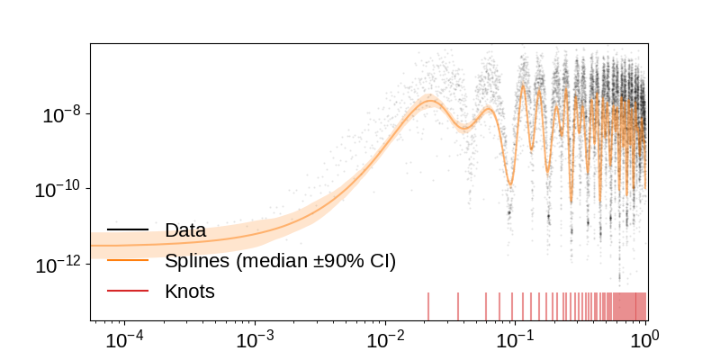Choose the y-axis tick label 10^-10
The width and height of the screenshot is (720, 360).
pos(57,190)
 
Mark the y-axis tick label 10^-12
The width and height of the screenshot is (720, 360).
pos(57,265)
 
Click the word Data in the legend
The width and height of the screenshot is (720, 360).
pos(185,230)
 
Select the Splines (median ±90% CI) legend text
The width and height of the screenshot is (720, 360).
pos(280,261)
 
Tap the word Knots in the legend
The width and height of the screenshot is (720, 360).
pos(190,292)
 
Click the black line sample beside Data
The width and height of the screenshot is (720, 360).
pos(128,230)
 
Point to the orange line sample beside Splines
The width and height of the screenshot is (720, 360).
pos(128,261)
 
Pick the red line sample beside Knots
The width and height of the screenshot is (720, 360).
pos(128,292)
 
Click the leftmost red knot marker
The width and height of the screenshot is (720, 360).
pos(428,306)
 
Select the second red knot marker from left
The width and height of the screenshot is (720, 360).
pos(458,306)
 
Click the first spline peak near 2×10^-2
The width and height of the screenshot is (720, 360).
pos(428,102)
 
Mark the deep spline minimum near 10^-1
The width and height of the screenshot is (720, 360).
pos(510,184)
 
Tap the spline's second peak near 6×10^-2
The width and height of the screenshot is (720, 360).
pos(488,109)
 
